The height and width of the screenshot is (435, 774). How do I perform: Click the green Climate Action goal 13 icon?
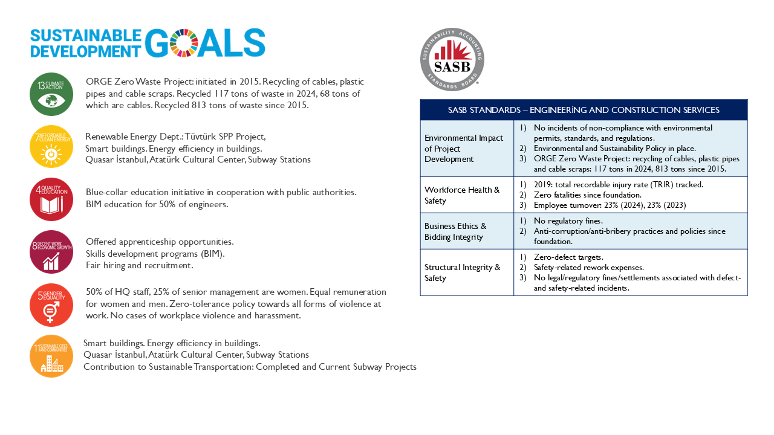[51, 94]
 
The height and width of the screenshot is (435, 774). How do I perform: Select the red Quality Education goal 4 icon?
[51, 199]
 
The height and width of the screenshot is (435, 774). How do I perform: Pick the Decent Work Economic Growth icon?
[51, 252]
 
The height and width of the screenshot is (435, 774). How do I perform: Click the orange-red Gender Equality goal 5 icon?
[51, 304]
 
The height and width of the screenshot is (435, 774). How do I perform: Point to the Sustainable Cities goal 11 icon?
[51, 356]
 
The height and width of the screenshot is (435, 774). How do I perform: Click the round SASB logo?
[452, 59]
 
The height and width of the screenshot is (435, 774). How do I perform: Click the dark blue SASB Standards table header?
[584, 110]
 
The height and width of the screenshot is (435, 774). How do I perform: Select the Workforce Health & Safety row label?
[462, 195]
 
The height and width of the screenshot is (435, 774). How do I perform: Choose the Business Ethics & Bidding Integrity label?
[455, 231]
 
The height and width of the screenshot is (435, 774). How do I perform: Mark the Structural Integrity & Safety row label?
[462, 272]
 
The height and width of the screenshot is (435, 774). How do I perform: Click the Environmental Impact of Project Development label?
[463, 149]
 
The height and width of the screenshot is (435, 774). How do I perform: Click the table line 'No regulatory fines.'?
[568, 221]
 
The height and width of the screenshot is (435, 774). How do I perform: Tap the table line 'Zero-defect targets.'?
[568, 257]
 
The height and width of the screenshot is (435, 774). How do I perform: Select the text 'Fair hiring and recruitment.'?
[140, 265]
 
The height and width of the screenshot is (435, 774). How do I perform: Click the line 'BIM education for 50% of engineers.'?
[157, 204]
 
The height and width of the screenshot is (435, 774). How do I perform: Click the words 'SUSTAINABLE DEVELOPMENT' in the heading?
[86, 43]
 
